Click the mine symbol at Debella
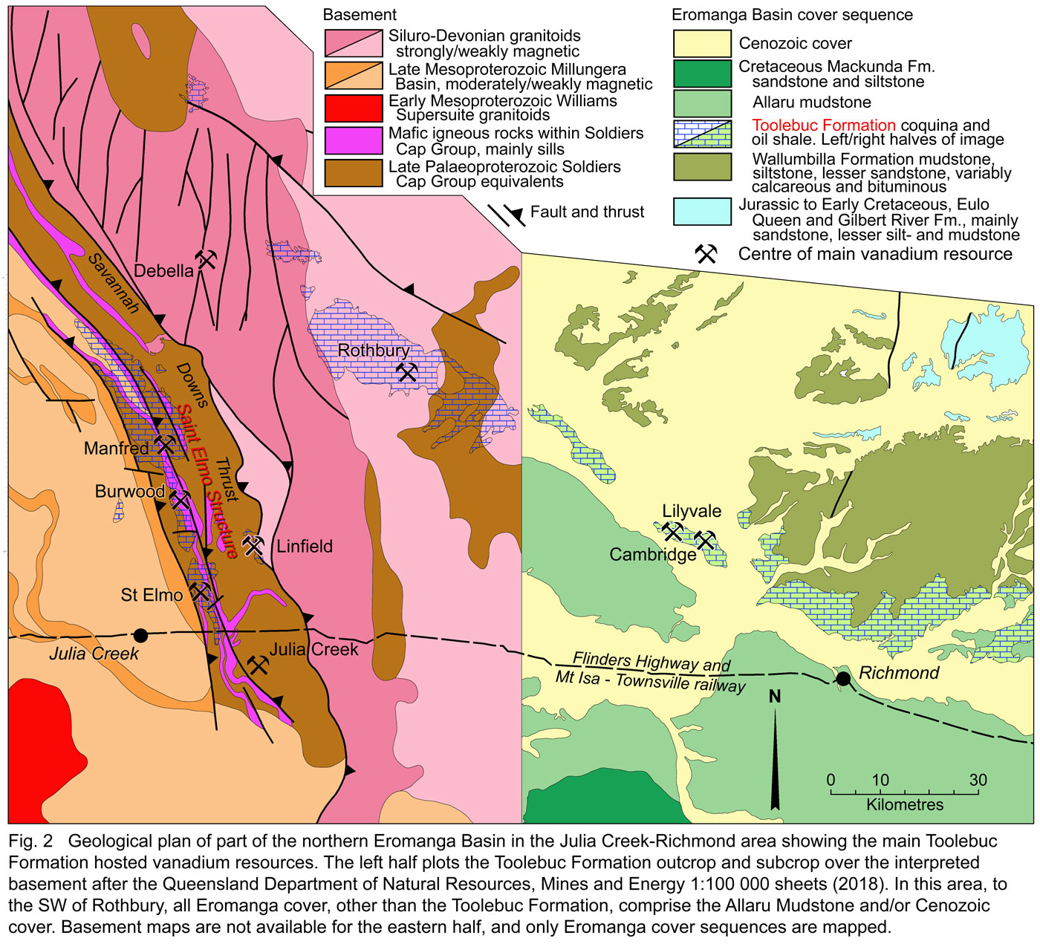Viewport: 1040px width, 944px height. click(207, 258)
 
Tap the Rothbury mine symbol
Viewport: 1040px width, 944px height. click(407, 372)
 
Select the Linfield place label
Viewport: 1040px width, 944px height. click(305, 547)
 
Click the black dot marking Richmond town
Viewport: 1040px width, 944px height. click(843, 678)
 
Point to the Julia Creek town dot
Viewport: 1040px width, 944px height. click(140, 635)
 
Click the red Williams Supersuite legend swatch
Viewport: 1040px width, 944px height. click(354, 108)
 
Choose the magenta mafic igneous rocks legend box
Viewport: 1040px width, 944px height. click(354, 140)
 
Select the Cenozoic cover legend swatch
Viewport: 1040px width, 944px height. click(702, 44)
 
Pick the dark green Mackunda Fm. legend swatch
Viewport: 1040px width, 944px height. click(702, 74)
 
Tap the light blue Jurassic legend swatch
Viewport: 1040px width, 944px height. click(702, 212)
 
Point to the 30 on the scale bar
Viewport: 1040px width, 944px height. click(978, 780)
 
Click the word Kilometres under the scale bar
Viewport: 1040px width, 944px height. click(904, 805)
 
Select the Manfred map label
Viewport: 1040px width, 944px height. click(116, 448)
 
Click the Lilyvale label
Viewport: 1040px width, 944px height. click(692, 511)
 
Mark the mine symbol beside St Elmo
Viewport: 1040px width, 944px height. click(199, 592)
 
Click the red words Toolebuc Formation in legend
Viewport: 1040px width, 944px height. click(823, 125)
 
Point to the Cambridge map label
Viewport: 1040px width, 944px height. click(652, 554)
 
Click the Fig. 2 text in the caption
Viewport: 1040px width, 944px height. click(30, 842)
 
